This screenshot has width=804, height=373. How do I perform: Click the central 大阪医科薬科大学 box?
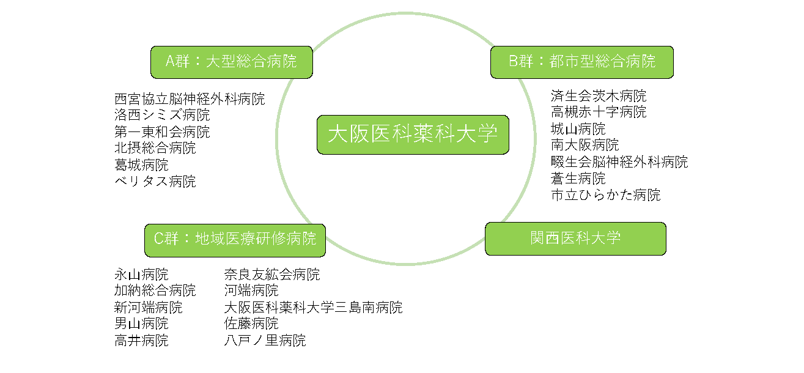[x=413, y=135]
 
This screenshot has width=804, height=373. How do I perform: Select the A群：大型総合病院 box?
[x=232, y=62]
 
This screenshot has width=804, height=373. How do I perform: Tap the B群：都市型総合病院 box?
[x=582, y=62]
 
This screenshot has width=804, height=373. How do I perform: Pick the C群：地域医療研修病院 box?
[x=235, y=240]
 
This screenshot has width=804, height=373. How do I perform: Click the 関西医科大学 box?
[x=575, y=238]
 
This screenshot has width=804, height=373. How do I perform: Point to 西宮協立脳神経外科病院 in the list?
[x=190, y=99]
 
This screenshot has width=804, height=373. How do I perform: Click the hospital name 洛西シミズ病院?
[x=162, y=115]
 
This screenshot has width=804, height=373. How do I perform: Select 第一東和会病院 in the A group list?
[x=162, y=131]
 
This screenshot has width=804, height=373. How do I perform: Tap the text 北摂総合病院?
[x=155, y=148]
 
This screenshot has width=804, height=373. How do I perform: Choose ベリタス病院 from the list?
[x=155, y=181]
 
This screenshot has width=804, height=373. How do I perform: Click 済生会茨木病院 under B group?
[x=599, y=96]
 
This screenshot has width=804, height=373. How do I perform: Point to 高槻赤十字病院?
[x=599, y=112]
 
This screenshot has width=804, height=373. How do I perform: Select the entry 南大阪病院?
[x=585, y=145]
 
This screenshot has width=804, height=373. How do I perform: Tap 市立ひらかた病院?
[x=605, y=195]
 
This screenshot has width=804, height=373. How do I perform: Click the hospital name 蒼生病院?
[x=578, y=179]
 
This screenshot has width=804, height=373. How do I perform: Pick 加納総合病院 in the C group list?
[x=155, y=290]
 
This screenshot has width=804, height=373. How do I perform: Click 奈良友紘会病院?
[x=271, y=275]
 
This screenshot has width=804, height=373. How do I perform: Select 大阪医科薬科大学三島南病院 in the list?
[x=313, y=308]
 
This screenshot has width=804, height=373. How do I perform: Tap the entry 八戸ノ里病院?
[x=265, y=341]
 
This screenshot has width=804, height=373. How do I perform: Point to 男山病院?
[x=141, y=324]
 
